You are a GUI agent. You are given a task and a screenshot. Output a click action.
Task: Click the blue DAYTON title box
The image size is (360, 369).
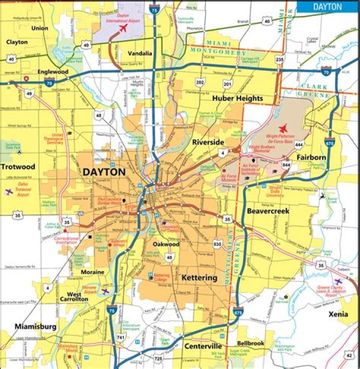(x=327, y=6)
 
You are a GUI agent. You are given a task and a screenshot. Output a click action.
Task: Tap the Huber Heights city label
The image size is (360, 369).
(x=237, y=98)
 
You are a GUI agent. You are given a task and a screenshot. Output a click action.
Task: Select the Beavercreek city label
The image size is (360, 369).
(x=268, y=211)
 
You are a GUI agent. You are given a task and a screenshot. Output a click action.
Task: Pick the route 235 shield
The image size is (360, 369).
(x=279, y=60)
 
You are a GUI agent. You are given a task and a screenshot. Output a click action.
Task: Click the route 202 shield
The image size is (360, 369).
(x=200, y=82)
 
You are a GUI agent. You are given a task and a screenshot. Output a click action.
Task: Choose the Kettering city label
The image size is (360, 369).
(x=199, y=277)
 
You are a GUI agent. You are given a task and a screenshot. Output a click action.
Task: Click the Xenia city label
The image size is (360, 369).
(x=338, y=314)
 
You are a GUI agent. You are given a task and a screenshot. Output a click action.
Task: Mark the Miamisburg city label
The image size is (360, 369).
(x=34, y=326)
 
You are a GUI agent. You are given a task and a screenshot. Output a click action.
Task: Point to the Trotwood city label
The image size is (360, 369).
(x=17, y=166)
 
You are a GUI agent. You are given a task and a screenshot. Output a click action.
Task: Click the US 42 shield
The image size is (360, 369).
(x=348, y=355)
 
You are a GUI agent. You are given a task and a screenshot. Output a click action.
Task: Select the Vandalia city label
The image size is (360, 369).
(x=140, y=53)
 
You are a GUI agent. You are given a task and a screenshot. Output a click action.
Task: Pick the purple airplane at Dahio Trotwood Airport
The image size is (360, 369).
(x=8, y=191)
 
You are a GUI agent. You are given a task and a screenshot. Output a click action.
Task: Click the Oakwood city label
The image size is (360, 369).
(x=166, y=244)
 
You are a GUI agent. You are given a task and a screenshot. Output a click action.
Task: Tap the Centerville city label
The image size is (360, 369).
(x=202, y=346)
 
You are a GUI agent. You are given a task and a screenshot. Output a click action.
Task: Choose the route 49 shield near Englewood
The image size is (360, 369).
(x=30, y=93)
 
